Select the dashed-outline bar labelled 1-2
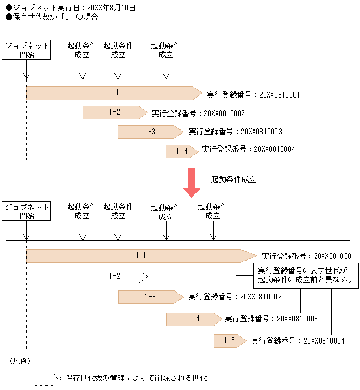tap(114, 277)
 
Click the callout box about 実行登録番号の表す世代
tap(305, 276)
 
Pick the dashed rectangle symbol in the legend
tap(45, 379)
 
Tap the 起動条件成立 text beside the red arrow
tap(233, 180)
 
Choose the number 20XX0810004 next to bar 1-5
tap(324, 341)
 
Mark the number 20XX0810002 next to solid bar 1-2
tap(224, 113)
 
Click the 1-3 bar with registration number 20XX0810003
tap(150, 132)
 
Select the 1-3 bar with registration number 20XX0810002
tap(150, 297)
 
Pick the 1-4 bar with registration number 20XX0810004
tap(181, 151)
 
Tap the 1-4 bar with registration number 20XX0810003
tap(193, 319)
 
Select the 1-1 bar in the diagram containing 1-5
tap(141, 255)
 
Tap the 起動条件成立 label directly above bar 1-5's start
tap(212, 211)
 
